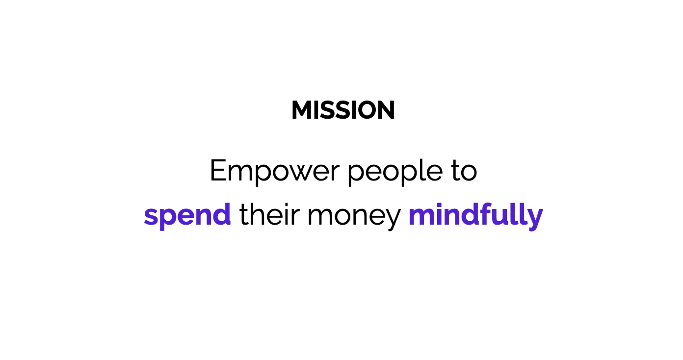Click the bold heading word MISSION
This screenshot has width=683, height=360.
tap(343, 110)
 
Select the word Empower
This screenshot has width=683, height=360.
tap(274, 171)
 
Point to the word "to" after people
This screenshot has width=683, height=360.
tap(464, 171)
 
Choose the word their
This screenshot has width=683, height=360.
tap(268, 215)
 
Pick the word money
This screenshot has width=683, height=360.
tap(354, 218)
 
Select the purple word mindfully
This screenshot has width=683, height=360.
tap(475, 216)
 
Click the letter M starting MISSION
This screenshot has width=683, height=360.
tap(302, 110)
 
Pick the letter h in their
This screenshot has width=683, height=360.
tap(258, 215)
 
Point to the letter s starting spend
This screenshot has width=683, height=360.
tap(152, 217)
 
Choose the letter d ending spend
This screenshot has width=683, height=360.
tap(222, 215)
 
